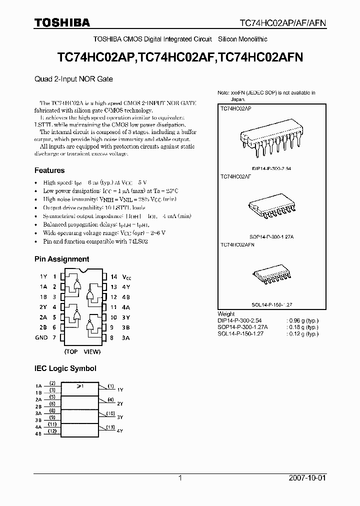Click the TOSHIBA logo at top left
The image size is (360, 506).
62,22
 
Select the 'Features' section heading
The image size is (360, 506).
49,170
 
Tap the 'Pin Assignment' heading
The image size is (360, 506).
61,259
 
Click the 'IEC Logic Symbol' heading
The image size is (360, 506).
65,368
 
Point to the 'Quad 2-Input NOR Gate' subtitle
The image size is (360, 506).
73,79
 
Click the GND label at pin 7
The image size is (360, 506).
41,337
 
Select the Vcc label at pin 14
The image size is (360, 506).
127,276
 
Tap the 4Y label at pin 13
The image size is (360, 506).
126,286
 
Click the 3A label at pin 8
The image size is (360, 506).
126,337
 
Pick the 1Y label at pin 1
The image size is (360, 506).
43,276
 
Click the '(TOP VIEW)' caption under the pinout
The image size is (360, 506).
83,351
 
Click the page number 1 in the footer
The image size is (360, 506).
180,478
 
